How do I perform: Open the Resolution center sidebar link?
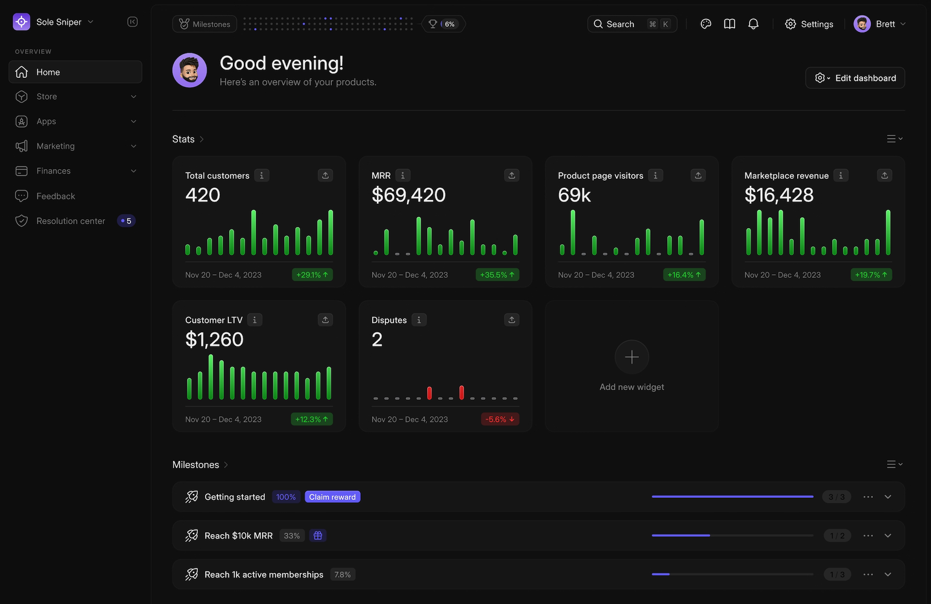[x=71, y=221]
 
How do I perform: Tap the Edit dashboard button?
[x=855, y=78]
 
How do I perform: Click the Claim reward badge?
[x=332, y=497]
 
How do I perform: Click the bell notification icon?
[x=753, y=24]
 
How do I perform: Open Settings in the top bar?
[x=809, y=24]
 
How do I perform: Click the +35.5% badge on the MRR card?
[x=497, y=275]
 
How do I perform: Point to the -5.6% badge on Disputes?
[x=499, y=419]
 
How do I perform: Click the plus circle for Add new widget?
[x=631, y=357]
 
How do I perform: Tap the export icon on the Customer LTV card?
[x=325, y=320]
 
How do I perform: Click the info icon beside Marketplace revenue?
[x=841, y=176]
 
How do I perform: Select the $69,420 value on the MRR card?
[x=408, y=195]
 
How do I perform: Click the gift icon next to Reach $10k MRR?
[x=318, y=536]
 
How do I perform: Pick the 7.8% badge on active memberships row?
[x=342, y=574]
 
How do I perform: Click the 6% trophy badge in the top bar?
[x=443, y=24]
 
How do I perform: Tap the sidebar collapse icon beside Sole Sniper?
[x=132, y=22]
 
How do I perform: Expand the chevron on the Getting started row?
[x=888, y=497]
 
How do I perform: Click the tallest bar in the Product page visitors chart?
[x=573, y=232]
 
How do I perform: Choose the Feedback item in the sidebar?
[x=55, y=196]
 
